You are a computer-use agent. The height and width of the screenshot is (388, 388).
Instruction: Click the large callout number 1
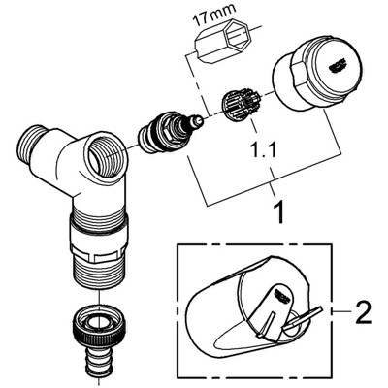[277, 212]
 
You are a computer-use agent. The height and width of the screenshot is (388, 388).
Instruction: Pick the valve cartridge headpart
[168, 132]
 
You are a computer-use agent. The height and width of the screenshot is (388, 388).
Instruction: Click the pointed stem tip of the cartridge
[198, 120]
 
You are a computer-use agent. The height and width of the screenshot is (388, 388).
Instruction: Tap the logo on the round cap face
[338, 67]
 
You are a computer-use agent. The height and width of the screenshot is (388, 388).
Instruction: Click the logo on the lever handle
[281, 293]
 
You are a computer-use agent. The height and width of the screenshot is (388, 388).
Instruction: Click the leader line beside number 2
[342, 310]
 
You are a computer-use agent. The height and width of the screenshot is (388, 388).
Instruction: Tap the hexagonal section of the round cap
[300, 73]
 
